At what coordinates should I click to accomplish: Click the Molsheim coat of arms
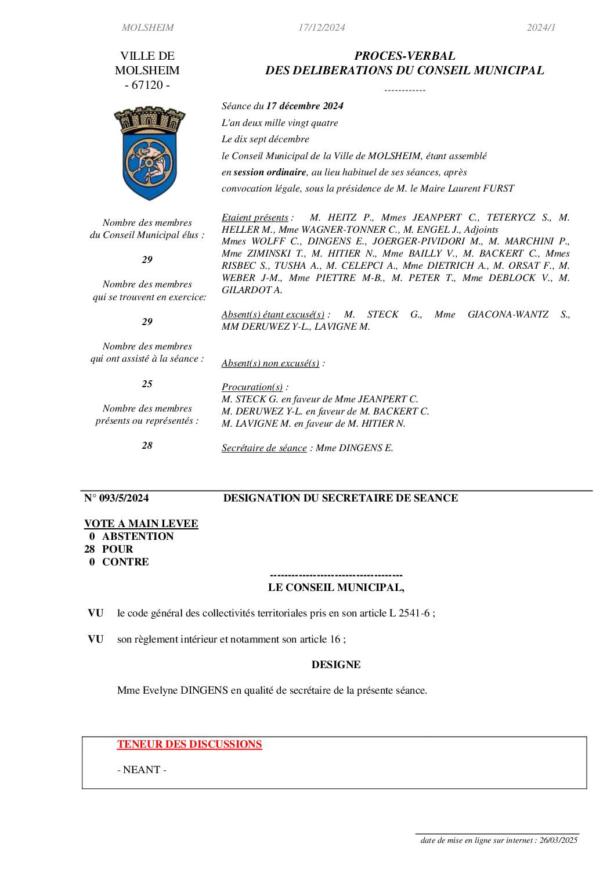(150, 153)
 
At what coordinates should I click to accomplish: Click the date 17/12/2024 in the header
(322, 28)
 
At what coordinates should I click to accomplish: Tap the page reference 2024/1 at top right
(541, 28)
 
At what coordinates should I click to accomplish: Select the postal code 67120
(147, 85)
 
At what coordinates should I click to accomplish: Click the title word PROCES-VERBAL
(404, 56)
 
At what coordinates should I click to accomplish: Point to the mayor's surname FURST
(499, 189)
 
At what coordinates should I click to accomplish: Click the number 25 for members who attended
(147, 384)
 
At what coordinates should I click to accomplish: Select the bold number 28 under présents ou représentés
(147, 446)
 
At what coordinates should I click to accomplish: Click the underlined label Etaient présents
(255, 218)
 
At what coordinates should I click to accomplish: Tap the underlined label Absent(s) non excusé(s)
(270, 363)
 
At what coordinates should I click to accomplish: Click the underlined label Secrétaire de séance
(264, 448)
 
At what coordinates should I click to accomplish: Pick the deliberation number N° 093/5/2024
(117, 498)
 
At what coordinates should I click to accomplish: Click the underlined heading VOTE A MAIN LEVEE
(141, 524)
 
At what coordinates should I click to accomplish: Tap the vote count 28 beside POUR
(89, 549)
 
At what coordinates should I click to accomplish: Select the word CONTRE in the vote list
(125, 562)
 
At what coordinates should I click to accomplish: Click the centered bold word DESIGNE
(336, 665)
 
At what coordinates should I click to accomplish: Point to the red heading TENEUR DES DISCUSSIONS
(189, 744)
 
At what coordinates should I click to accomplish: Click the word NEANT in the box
(142, 770)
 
